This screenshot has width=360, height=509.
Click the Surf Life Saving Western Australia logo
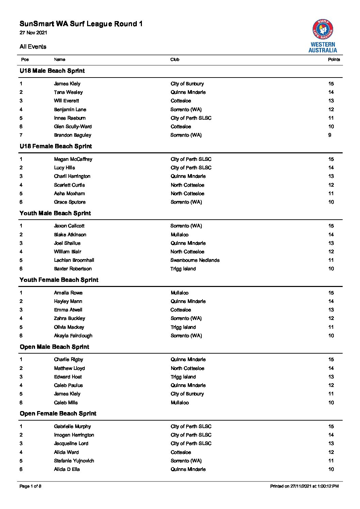(323, 36)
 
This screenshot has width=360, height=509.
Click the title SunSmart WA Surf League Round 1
(81, 24)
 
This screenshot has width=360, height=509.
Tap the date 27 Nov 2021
(33, 33)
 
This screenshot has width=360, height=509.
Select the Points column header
(334, 60)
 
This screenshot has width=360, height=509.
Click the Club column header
(175, 60)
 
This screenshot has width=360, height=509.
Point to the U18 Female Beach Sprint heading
(56, 146)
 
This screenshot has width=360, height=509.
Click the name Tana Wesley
(68, 92)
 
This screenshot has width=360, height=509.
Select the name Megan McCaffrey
(73, 159)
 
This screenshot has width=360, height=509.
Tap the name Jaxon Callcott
(69, 226)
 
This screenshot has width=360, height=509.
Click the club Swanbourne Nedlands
(195, 260)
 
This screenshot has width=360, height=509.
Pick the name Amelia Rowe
(68, 293)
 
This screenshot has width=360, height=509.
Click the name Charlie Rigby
(68, 359)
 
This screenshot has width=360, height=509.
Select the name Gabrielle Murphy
(72, 426)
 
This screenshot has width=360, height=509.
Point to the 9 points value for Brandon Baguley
(330, 135)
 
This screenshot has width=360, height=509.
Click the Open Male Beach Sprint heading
(54, 347)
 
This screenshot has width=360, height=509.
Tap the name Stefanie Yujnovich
(74, 461)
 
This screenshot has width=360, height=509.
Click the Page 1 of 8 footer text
(31, 486)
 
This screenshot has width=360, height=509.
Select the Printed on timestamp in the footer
(304, 486)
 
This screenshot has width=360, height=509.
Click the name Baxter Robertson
(72, 269)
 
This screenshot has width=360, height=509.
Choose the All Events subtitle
(33, 47)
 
